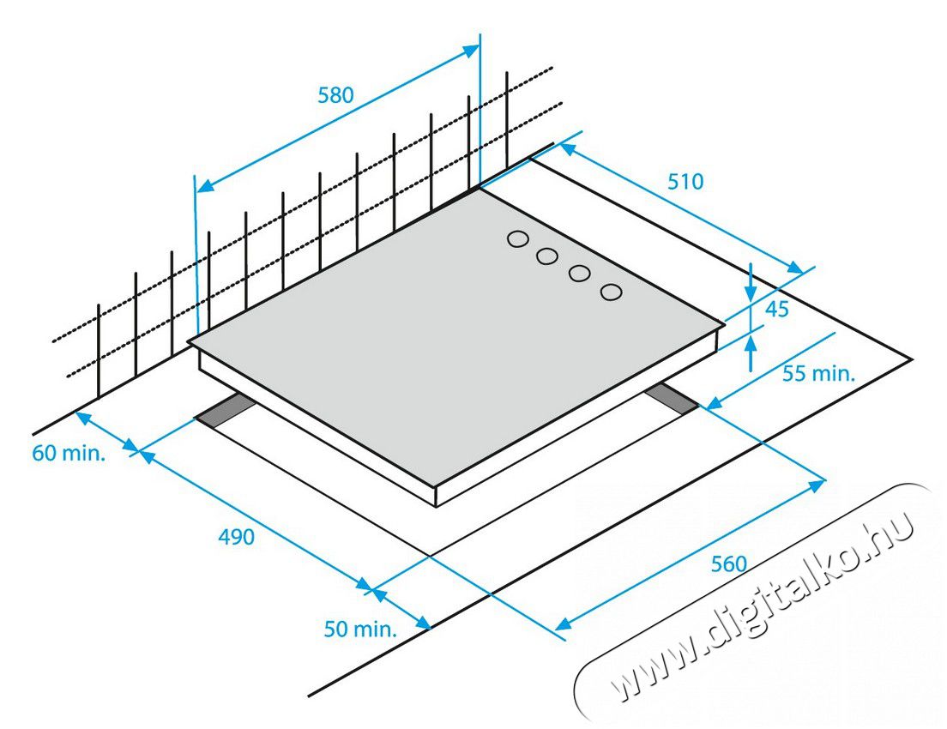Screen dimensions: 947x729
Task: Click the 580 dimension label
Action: tap(335, 95)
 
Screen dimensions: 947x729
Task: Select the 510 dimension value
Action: tap(685, 181)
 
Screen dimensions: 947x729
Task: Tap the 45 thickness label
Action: tap(776, 310)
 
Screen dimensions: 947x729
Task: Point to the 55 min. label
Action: tap(819, 373)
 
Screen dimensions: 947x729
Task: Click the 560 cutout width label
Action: tap(729, 563)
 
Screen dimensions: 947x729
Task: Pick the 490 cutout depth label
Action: tap(236, 536)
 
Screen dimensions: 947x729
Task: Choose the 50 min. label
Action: tap(360, 629)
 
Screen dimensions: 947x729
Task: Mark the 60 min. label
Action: tap(69, 452)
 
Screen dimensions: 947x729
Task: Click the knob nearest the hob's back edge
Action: tap(517, 239)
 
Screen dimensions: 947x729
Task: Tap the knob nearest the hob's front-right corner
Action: tap(612, 292)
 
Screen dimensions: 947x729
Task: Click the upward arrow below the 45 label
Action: tap(750, 352)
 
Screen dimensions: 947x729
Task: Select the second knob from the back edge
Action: tap(546, 256)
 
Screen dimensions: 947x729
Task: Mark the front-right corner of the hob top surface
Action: tap(725, 324)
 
